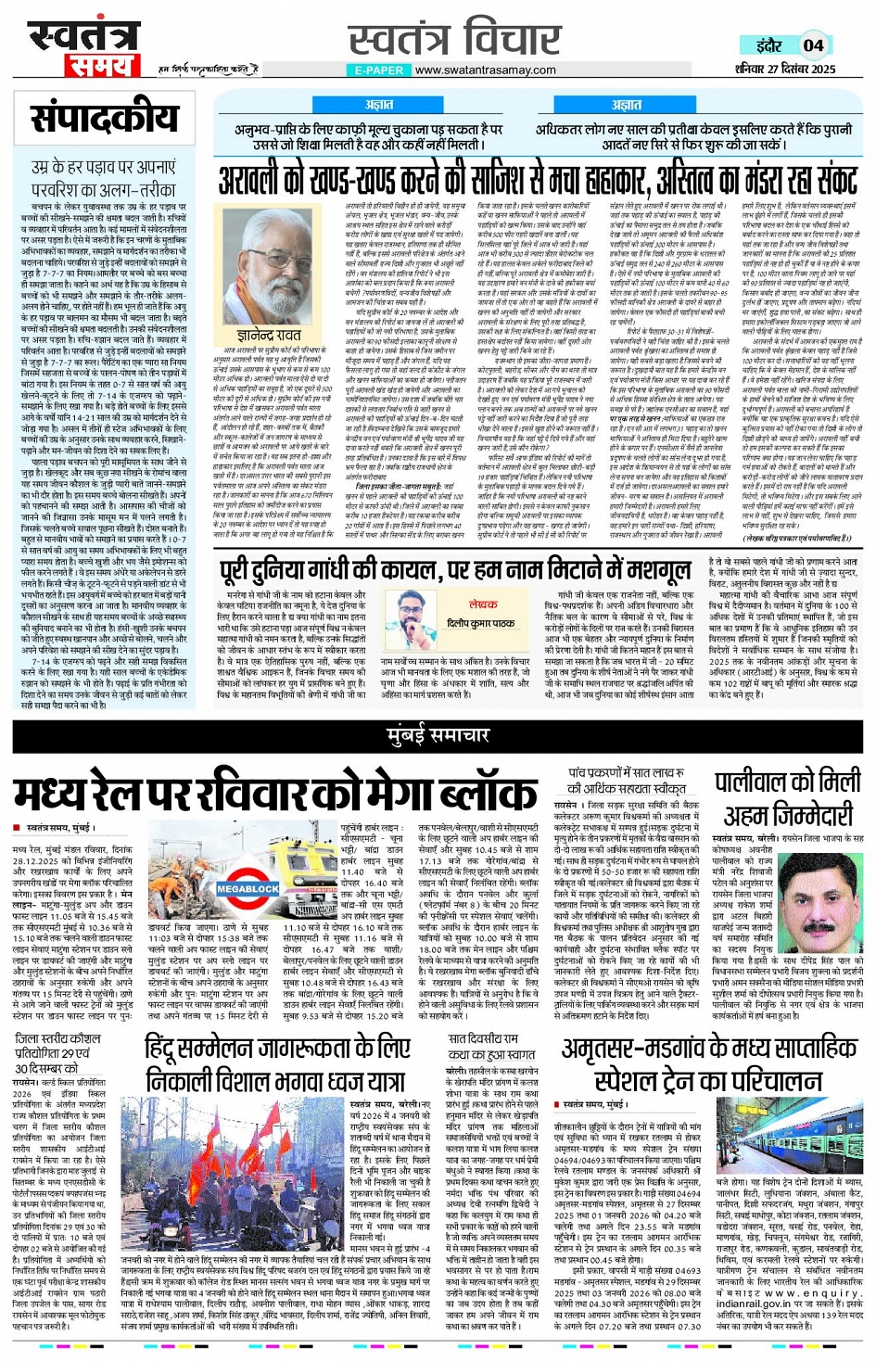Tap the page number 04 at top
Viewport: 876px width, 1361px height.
813,45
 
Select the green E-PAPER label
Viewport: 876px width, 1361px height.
378,70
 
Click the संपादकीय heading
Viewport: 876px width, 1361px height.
104,121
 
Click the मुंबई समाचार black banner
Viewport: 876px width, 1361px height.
438,735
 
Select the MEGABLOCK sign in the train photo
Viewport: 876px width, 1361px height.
248,888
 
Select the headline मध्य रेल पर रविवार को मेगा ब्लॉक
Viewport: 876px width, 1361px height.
275,794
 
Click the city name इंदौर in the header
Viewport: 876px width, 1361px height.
768,45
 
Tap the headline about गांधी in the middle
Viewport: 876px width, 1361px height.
454,569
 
